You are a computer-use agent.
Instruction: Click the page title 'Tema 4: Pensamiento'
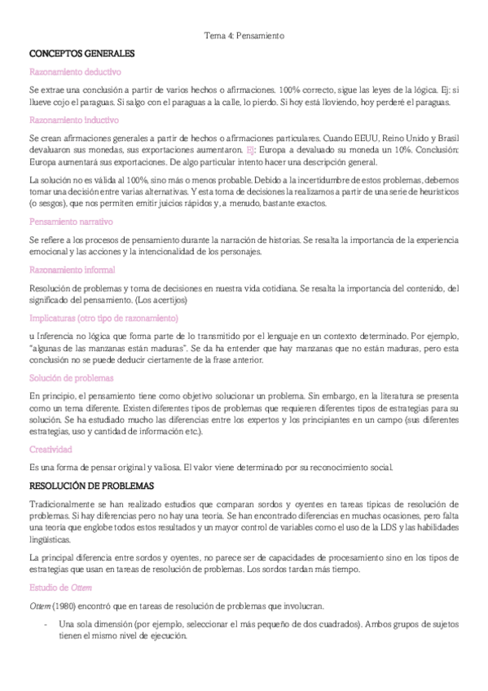244,36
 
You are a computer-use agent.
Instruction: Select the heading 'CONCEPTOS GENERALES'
81,54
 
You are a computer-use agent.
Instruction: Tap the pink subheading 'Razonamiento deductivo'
72,72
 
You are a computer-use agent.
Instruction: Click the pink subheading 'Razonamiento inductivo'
70,120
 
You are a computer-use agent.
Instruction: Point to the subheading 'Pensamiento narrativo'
70,222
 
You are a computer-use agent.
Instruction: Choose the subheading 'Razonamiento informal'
72,270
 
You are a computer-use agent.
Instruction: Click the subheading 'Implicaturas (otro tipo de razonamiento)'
103,318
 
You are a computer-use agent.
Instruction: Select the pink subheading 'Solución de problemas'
70,378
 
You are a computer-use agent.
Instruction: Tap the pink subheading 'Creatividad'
51,449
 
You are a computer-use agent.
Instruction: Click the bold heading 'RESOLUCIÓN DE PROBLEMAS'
91,486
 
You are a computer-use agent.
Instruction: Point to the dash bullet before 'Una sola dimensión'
44,624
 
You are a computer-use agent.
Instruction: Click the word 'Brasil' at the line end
449,138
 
